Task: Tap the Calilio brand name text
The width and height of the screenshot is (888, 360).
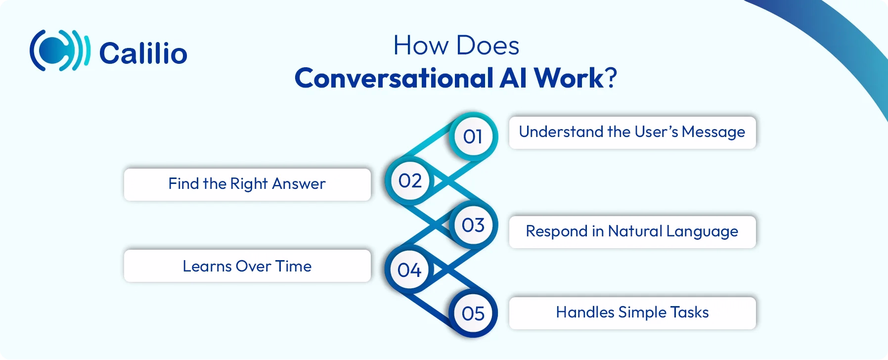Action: (143, 53)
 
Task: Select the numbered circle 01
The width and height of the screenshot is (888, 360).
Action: (473, 136)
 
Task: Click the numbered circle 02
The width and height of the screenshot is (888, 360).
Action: (410, 181)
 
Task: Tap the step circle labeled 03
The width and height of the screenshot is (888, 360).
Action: (473, 225)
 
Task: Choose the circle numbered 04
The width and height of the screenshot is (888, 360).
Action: (409, 270)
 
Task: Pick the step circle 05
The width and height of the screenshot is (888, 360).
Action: (473, 314)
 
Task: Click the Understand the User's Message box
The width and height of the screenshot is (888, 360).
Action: (632, 133)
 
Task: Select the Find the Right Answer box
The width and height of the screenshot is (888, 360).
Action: (247, 184)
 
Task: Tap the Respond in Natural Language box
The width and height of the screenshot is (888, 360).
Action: (632, 231)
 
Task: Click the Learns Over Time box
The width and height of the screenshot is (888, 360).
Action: (247, 266)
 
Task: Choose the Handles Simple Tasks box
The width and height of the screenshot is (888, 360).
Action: (632, 313)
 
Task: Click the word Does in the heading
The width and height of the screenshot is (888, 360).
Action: (488, 46)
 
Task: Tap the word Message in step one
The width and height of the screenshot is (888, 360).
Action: (713, 132)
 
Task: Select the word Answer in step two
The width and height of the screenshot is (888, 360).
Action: (299, 184)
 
